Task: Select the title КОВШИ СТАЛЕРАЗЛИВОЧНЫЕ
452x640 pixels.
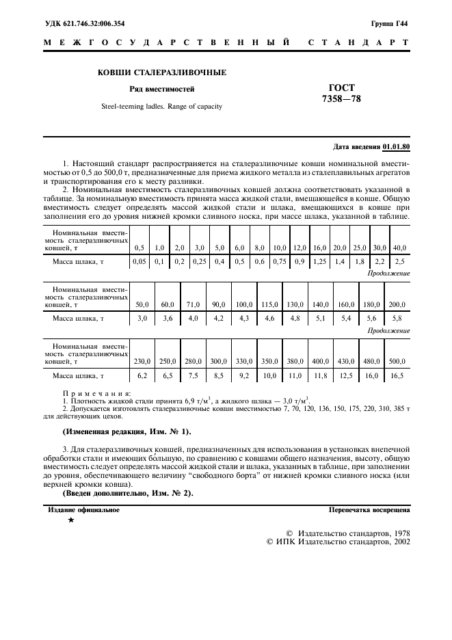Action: pyautogui.click(x=161, y=72)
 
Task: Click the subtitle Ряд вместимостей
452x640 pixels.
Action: pyautogui.click(x=162, y=89)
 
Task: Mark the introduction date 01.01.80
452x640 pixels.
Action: pyautogui.click(x=397, y=146)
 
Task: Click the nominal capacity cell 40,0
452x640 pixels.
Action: pyautogui.click(x=399, y=247)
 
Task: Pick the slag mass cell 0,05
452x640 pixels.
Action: pyautogui.click(x=139, y=261)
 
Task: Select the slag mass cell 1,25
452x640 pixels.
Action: pyautogui.click(x=319, y=261)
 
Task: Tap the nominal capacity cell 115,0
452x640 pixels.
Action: pyautogui.click(x=269, y=304)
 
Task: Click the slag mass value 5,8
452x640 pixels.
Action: pyautogui.click(x=397, y=318)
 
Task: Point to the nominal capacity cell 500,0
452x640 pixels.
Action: pyautogui.click(x=397, y=361)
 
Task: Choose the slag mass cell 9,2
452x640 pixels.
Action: pyautogui.click(x=244, y=375)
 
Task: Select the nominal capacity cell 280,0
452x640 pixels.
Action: pyautogui.click(x=193, y=361)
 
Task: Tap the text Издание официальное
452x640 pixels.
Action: pyautogui.click(x=83, y=509)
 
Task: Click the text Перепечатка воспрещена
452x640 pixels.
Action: pyautogui.click(x=369, y=509)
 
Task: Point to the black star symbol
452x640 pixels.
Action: pyautogui.click(x=70, y=521)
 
